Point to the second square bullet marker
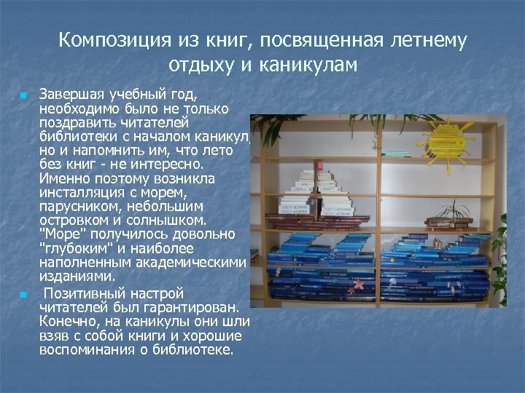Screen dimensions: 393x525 pos(23,295)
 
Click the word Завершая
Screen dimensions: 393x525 pos(71,95)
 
